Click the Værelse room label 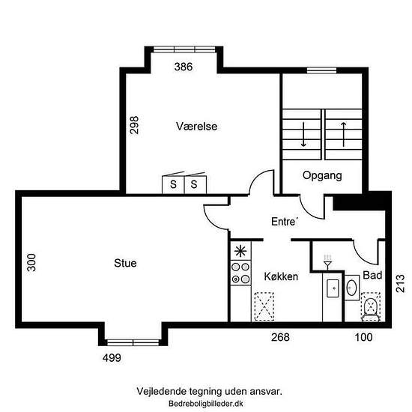click(196, 127)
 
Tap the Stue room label click(125, 263)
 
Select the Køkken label click(281, 276)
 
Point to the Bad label click(372, 275)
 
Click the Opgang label click(322, 175)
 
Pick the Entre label click(285, 222)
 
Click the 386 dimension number click(184, 67)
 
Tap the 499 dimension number click(112, 358)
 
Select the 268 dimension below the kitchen click(280, 337)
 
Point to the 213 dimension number click(400, 283)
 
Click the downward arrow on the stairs click(303, 134)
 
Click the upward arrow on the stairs click(343, 134)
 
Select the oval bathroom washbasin click(351, 288)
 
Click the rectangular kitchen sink click(333, 288)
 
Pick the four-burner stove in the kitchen click(240, 273)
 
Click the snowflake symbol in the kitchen click(240, 252)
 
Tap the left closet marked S click(173, 184)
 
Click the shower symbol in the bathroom click(327, 261)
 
